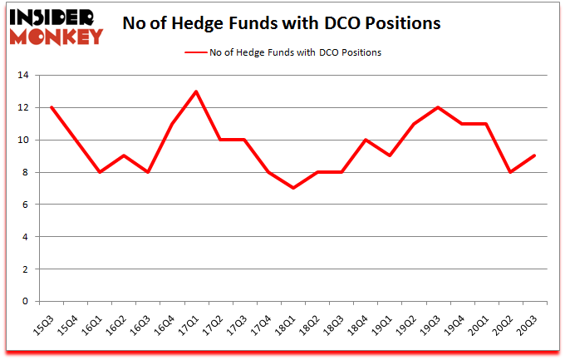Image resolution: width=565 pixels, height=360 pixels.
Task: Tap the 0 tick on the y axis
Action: [x=27, y=302]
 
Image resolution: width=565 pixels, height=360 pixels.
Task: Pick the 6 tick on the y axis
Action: [x=27, y=205]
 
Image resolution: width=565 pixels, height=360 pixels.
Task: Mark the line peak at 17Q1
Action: [x=196, y=91]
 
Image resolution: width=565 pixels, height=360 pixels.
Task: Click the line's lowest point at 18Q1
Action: [x=293, y=188]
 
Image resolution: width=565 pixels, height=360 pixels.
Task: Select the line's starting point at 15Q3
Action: [x=51, y=107]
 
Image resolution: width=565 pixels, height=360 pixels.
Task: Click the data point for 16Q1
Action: [x=99, y=172]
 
